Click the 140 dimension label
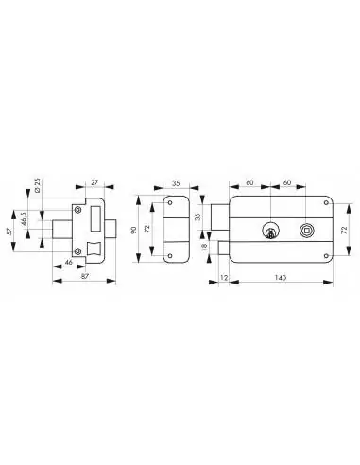[x=281, y=278]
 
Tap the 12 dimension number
[x=224, y=278]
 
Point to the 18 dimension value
[x=204, y=247]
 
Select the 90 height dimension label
[x=133, y=230]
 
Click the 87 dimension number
[x=85, y=276]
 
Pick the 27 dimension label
[x=94, y=182]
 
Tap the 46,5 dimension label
[x=24, y=218]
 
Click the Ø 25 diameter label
[x=37, y=185]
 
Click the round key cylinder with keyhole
[x=270, y=231]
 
